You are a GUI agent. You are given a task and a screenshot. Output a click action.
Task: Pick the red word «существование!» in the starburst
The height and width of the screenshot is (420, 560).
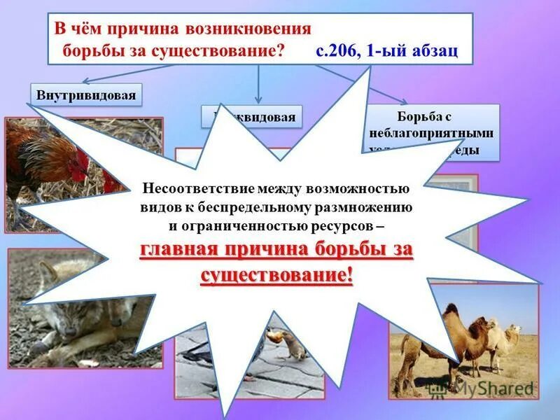277,274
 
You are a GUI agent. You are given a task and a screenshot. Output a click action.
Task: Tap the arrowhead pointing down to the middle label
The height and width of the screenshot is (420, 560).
259,100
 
